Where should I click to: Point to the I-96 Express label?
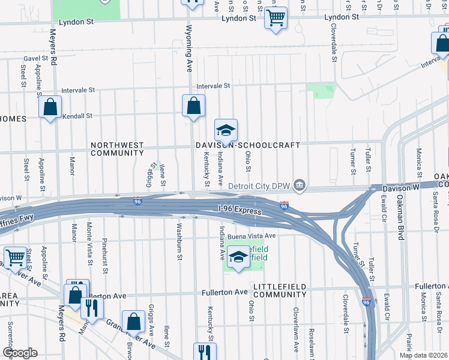tap(240, 212)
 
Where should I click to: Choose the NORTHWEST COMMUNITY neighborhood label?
tap(117, 149)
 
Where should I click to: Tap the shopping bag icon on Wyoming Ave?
tap(193, 106)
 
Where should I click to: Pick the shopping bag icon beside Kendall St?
tap(50, 108)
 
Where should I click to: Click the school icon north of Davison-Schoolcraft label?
tap(226, 130)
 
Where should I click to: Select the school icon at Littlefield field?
tap(238, 258)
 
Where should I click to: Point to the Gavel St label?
tap(35, 58)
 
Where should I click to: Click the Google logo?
tap(20, 352)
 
